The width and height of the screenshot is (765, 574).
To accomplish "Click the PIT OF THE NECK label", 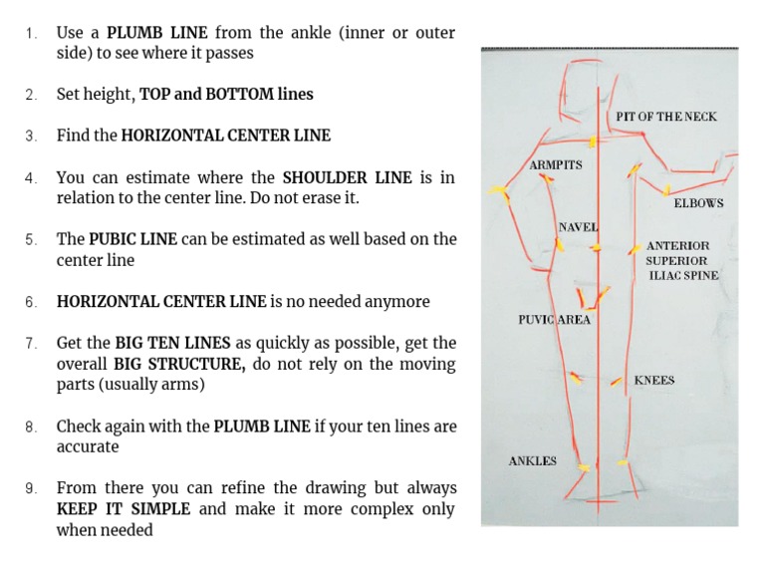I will click(665, 117).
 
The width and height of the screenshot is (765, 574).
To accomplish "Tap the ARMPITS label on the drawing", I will click(556, 164).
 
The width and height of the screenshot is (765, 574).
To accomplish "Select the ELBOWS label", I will click(698, 203).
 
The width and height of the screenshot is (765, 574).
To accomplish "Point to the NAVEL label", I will click(578, 227).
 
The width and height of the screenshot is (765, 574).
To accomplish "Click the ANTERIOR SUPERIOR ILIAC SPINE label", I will click(682, 260).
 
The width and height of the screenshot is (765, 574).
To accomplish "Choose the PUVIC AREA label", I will click(554, 320).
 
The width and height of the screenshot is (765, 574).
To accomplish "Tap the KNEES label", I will click(653, 381).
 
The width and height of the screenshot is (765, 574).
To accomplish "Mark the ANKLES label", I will click(532, 461).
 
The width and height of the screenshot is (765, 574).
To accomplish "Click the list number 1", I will click(31, 33).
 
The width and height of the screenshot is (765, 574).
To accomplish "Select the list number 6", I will click(31, 302).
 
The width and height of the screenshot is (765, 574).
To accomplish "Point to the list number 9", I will click(31, 488).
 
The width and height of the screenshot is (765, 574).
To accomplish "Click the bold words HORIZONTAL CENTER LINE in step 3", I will click(225, 136).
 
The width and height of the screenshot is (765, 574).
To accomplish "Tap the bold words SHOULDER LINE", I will click(346, 177).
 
